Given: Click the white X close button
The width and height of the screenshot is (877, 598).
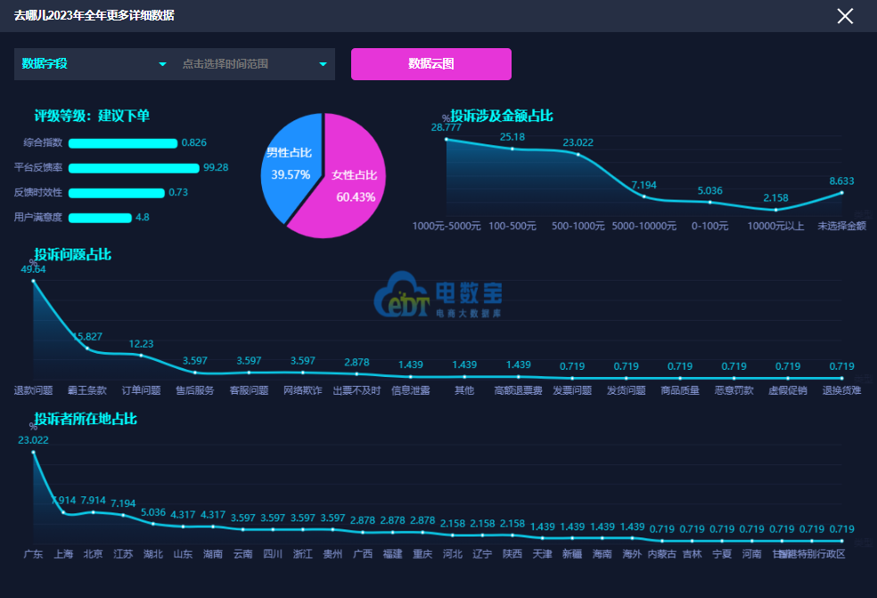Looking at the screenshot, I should click(845, 16).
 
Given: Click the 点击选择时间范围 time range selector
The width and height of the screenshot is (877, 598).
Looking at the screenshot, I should click(254, 64).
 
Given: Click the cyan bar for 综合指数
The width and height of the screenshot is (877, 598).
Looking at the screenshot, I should click(123, 143).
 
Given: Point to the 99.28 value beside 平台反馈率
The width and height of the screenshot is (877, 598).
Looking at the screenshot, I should click(216, 168).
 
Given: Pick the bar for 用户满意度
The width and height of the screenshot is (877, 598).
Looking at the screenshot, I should click(100, 217).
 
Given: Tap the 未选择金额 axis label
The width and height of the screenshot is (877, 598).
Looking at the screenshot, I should click(841, 226).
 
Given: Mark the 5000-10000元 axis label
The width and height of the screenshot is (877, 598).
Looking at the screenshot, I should click(644, 226).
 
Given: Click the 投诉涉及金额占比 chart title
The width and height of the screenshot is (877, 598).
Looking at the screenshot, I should click(502, 116).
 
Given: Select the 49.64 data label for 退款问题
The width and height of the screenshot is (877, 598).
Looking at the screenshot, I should click(34, 269).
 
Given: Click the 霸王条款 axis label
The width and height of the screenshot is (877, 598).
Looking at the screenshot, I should click(87, 390).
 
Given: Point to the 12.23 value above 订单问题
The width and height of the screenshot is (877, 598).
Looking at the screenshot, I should click(142, 344).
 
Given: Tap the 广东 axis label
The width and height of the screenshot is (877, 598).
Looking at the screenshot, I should click(34, 554).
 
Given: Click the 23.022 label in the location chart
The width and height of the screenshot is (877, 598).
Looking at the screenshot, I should click(34, 440).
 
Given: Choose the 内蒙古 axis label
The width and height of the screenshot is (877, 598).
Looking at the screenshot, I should click(661, 554).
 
